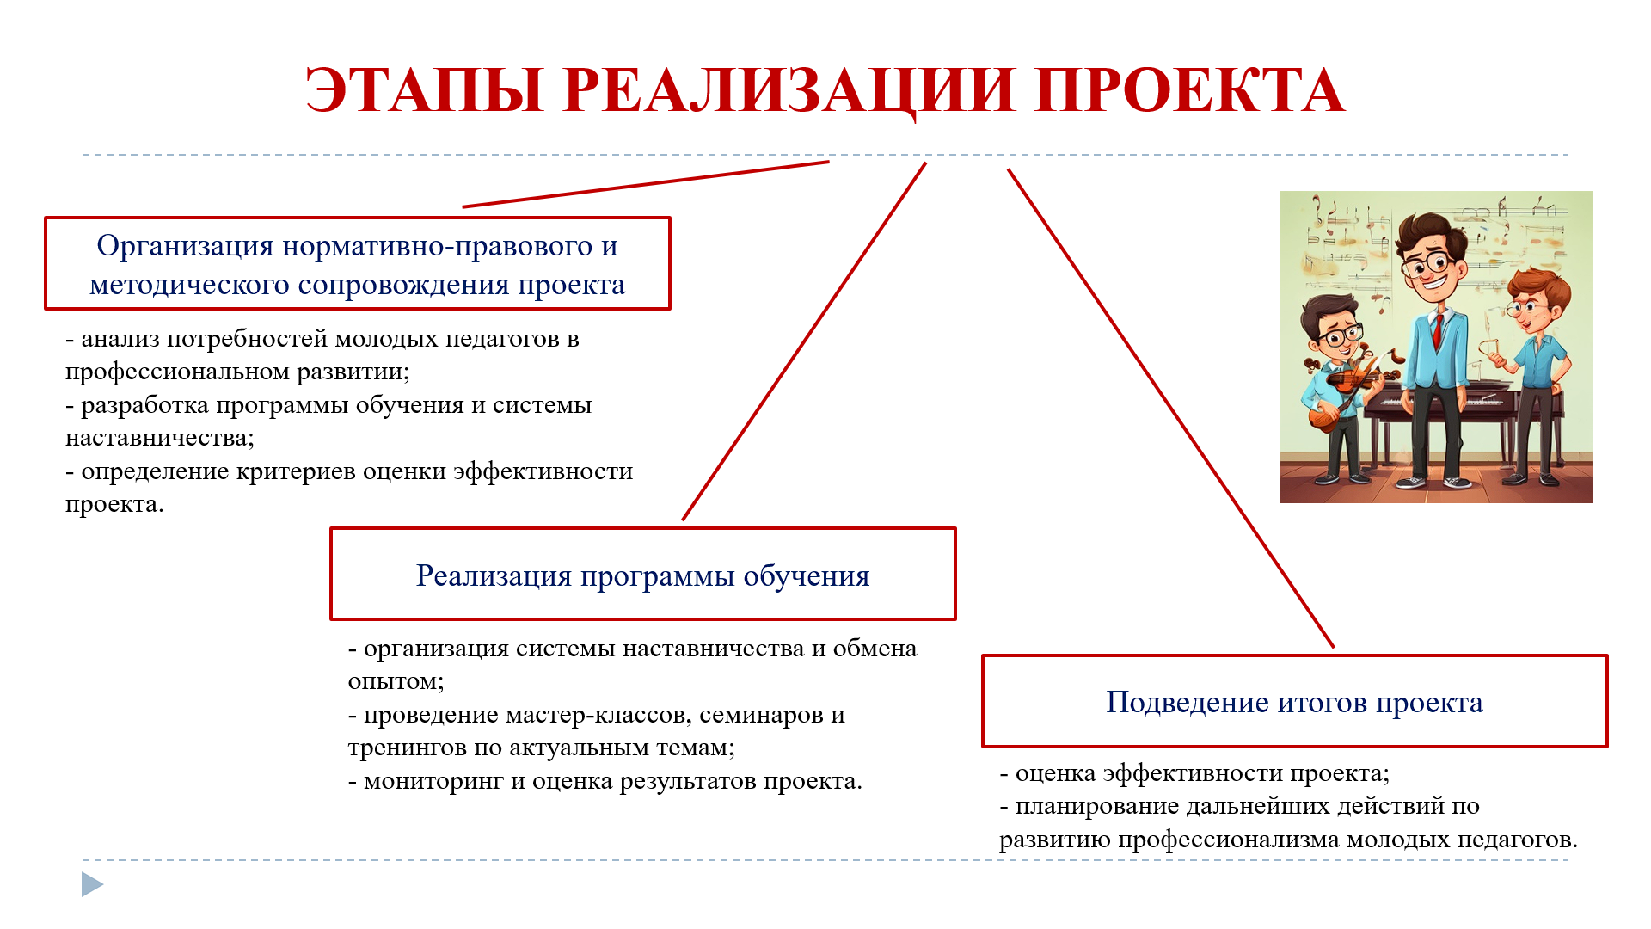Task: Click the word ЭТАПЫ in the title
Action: tap(425, 90)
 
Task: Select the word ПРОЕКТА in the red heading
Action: tap(1190, 90)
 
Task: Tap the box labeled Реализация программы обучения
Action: tap(643, 574)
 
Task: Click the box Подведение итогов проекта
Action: tap(1295, 701)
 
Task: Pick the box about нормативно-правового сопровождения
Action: tap(358, 263)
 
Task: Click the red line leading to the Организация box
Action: tap(646, 184)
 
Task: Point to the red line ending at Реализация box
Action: tap(804, 341)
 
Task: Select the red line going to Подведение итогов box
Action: tap(1171, 408)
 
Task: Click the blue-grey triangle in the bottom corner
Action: tap(92, 884)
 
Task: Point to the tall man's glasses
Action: tap(1430, 261)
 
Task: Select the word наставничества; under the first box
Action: tap(160, 438)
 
